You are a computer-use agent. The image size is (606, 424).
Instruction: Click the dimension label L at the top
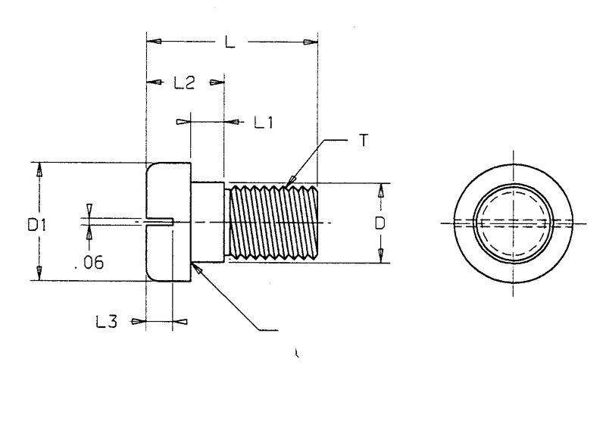click(x=230, y=42)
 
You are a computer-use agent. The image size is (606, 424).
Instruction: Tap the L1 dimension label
click(x=263, y=121)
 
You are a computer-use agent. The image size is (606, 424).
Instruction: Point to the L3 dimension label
click(x=106, y=322)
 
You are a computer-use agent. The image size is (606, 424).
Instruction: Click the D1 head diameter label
click(x=38, y=224)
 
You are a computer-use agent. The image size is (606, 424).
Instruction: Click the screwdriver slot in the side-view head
click(x=161, y=222)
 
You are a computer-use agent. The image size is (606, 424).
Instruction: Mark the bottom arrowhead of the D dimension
click(x=380, y=254)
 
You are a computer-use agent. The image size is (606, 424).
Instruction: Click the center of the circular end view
click(x=514, y=222)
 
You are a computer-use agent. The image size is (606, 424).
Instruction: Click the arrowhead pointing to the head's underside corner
click(x=199, y=268)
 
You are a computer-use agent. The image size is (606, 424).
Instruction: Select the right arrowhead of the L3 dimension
click(x=180, y=322)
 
